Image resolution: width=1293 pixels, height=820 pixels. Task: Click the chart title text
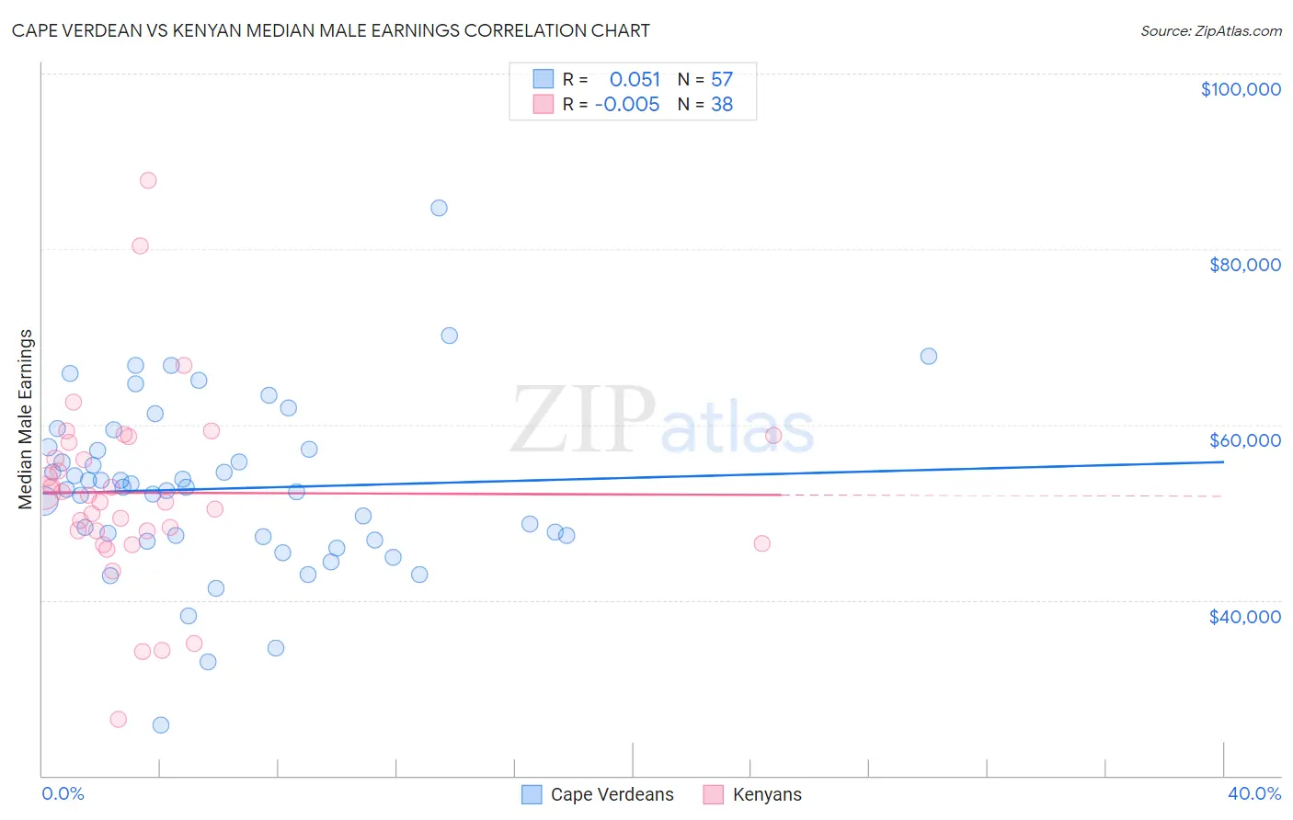tap(331, 31)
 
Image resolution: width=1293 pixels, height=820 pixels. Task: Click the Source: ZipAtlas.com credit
tap(1210, 31)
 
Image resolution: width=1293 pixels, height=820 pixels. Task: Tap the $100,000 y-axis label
tap(1241, 89)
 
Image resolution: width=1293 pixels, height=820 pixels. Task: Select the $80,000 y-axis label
tap(1244, 265)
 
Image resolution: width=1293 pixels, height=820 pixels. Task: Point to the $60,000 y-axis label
tap(1244, 440)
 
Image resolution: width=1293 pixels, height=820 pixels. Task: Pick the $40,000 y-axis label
tap(1244, 617)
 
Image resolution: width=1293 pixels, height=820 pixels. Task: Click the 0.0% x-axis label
tap(63, 793)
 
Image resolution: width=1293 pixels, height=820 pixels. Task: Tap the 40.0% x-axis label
tap(1253, 793)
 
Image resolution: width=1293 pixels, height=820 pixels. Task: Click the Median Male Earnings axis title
tap(26, 418)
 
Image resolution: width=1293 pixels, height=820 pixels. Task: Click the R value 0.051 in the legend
tap(635, 80)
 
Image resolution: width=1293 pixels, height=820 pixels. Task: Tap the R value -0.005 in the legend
tap(627, 105)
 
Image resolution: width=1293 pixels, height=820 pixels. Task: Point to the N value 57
tap(722, 80)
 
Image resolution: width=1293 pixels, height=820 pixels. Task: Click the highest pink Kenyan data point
tap(148, 180)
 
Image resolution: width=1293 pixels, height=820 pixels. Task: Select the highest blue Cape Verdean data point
tap(439, 208)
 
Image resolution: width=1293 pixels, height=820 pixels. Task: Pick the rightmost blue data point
tap(929, 356)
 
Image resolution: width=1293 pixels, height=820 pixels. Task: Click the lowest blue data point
tap(161, 725)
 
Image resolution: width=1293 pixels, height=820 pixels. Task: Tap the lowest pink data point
tap(118, 720)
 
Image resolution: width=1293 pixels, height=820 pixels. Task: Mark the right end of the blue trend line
tap(1223, 461)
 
